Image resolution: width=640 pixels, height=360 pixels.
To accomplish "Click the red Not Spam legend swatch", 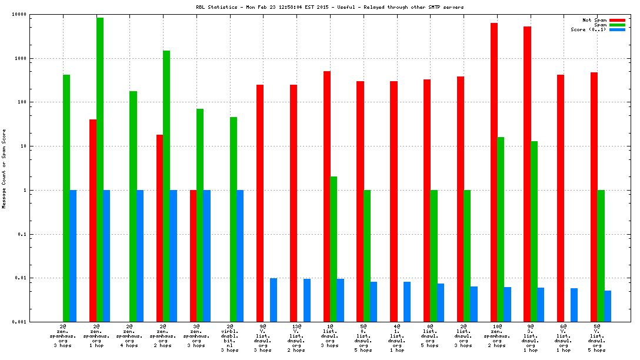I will [x=617, y=20].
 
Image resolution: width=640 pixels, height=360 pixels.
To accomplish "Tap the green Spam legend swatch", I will [x=617, y=25].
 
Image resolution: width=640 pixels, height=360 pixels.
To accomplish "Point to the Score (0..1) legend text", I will [x=588, y=29].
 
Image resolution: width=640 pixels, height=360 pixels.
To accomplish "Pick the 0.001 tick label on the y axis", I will [x=19, y=322].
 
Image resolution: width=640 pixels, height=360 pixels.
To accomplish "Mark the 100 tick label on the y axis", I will [x=22, y=102].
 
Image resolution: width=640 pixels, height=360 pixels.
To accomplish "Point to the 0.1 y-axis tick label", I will [x=22, y=234].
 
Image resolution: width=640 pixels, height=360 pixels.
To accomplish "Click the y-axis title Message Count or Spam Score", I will [x=5, y=169].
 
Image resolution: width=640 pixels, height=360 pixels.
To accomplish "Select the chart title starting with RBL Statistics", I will [x=321, y=7].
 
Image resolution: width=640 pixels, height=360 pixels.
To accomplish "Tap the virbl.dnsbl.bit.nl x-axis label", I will [x=230, y=338].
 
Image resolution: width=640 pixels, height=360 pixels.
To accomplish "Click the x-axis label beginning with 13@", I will [x=296, y=338].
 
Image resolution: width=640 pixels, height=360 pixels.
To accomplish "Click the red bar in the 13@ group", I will [x=293, y=203].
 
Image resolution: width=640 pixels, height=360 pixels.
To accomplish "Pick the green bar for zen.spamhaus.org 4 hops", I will [x=133, y=206].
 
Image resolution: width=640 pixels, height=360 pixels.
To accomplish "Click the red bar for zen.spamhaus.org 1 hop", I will [x=93, y=221].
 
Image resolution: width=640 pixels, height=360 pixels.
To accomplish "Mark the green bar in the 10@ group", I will [x=501, y=229].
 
